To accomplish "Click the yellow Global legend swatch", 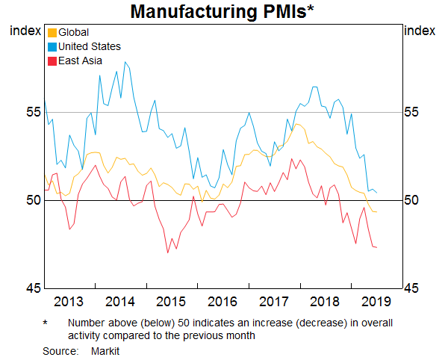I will pos(52,33).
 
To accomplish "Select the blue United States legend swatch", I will pos(52,47).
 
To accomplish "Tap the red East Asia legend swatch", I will pos(52,61).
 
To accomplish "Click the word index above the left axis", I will pos(24,31).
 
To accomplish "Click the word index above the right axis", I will pos(420,31).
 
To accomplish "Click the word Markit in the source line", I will pos(105,350).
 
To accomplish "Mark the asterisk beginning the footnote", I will pos(46,323).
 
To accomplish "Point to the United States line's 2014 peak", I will pos(124,62).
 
